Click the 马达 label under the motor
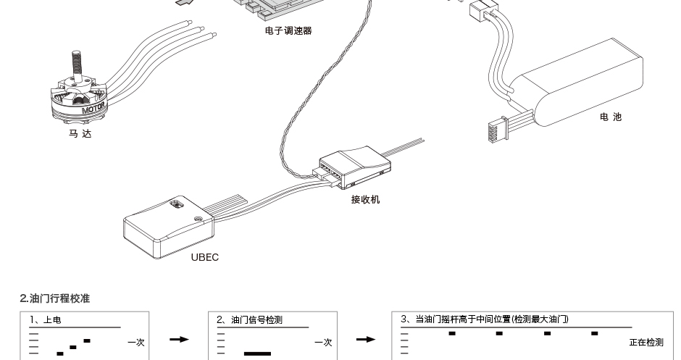point(80,134)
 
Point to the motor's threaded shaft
point(77,66)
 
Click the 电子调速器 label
point(288,31)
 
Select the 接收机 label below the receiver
point(365,199)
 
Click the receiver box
point(355,167)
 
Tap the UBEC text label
point(205,257)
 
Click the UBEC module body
point(169,227)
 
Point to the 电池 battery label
point(611,117)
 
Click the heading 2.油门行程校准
point(55,298)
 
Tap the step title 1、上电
point(45,320)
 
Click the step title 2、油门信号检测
point(249,320)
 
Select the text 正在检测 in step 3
point(646,342)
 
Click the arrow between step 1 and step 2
point(179,339)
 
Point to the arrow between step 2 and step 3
point(366,339)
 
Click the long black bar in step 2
point(257,354)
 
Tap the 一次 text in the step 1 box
point(136,343)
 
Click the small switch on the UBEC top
point(176,204)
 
